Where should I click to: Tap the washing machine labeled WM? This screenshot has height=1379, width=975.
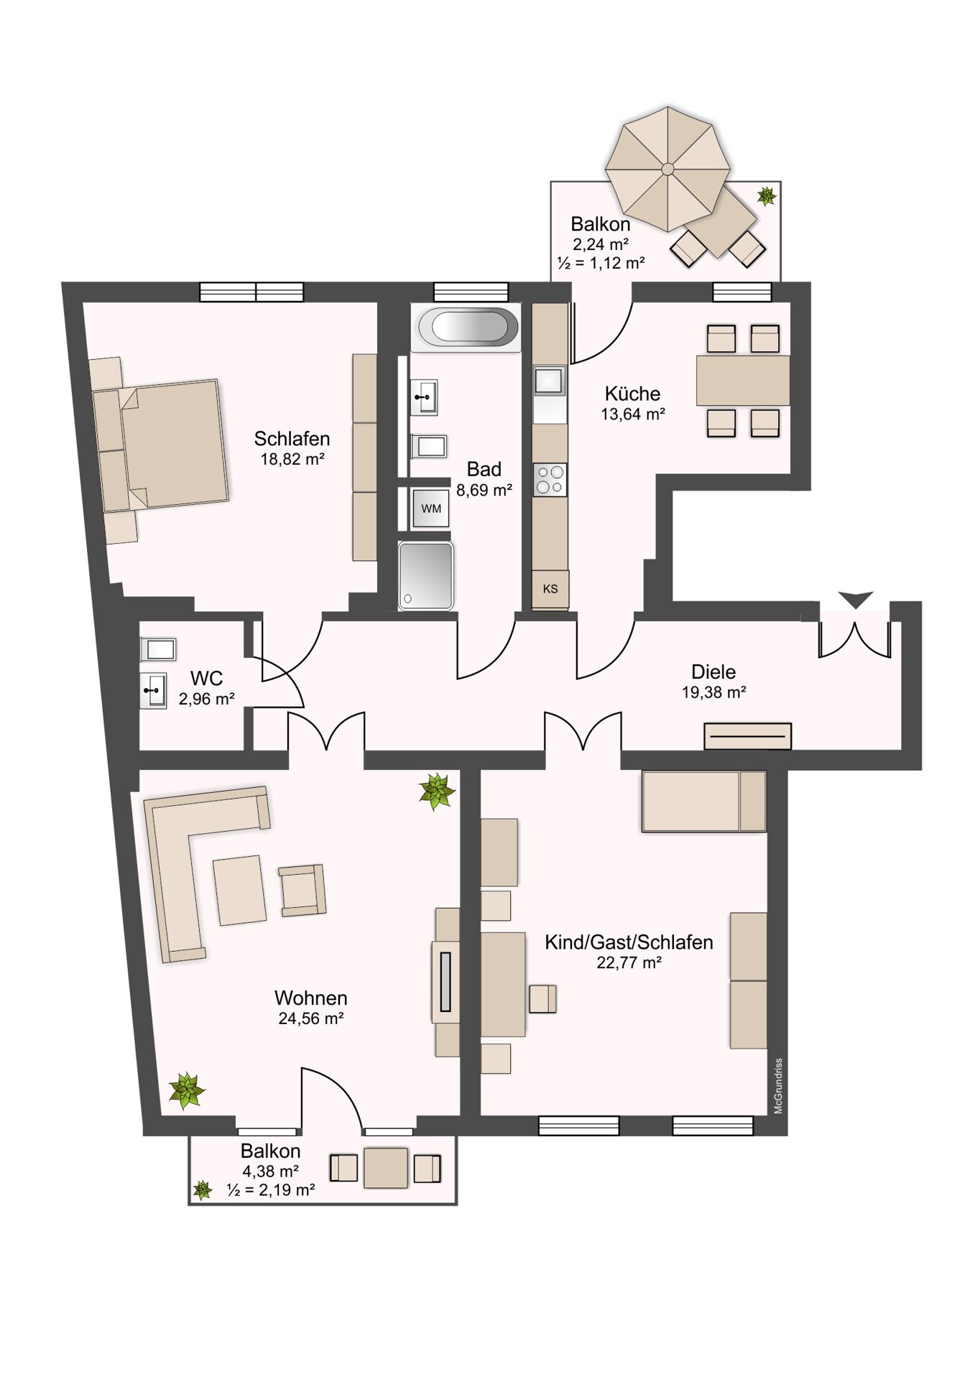(x=431, y=509)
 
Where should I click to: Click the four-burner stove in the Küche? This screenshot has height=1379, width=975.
(x=550, y=480)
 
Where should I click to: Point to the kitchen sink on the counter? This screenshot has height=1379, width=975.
(x=549, y=381)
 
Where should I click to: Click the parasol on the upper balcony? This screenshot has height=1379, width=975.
(x=667, y=170)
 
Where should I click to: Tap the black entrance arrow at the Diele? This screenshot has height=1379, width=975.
(x=856, y=599)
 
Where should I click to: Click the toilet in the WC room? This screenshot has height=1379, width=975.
(x=157, y=649)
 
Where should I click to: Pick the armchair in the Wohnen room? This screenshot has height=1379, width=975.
(x=302, y=890)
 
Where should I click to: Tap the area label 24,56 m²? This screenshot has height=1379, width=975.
(x=311, y=1018)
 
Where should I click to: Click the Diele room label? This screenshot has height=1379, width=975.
(x=713, y=672)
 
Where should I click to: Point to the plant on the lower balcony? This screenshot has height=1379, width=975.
(x=203, y=1191)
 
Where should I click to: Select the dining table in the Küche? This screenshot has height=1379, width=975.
(x=743, y=381)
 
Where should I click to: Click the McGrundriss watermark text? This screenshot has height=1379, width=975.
(x=778, y=1087)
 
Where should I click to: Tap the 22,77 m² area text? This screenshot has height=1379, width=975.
(x=629, y=962)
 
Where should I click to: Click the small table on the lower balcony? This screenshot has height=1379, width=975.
(x=386, y=1169)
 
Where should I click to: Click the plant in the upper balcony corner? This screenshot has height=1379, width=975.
(x=767, y=195)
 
